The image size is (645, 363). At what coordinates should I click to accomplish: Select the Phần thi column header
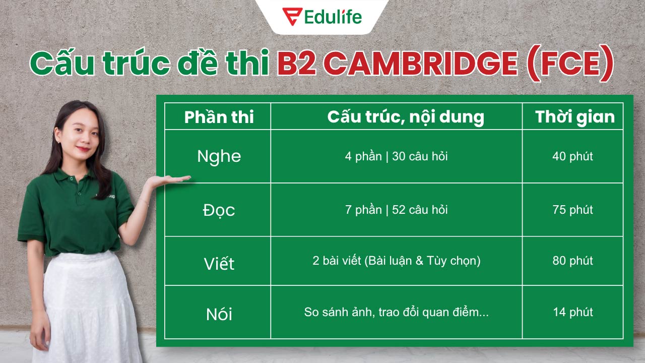tap(219, 117)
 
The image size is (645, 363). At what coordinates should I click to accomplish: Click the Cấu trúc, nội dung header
tap(405, 117)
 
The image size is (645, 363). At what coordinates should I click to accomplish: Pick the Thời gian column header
tap(574, 117)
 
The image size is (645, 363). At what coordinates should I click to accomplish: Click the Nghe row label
tap(219, 156)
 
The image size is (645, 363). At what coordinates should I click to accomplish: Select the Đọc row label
tap(219, 210)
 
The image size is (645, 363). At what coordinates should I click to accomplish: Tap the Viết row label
tap(219, 263)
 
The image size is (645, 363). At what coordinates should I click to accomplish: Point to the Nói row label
tap(219, 314)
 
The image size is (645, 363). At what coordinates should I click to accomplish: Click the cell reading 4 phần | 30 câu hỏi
tap(396, 156)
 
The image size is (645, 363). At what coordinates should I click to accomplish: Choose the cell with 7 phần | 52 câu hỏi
tap(396, 210)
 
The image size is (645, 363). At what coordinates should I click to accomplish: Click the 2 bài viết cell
tap(396, 261)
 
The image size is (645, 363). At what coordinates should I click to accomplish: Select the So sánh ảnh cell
tap(396, 312)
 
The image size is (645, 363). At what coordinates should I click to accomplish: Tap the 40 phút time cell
tap(572, 156)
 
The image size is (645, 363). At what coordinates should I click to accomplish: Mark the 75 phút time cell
tap(572, 210)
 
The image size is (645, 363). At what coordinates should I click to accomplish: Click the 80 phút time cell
tap(572, 261)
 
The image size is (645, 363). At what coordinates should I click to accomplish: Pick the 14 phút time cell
tap(572, 312)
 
